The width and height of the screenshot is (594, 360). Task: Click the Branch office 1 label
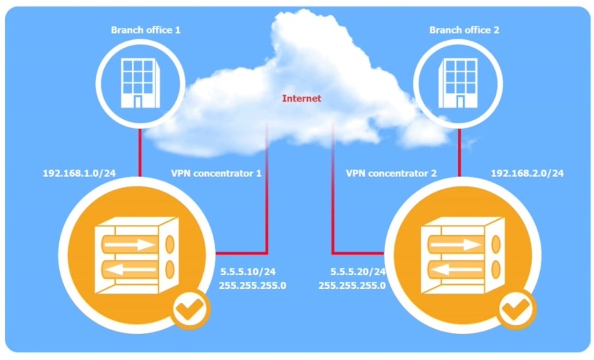[145, 30]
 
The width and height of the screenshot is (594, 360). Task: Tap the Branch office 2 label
[464, 30]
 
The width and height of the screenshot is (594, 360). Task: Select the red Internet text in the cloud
[301, 98]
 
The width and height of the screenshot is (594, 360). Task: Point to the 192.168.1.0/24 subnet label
[79, 174]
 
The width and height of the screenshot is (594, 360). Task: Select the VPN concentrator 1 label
[216, 174]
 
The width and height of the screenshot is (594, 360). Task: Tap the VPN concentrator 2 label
[391, 174]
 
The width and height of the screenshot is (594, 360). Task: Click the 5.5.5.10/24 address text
[248, 271]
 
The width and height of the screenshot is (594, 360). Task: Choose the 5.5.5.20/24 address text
[358, 271]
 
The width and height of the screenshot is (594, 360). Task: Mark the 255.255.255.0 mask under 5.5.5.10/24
[253, 285]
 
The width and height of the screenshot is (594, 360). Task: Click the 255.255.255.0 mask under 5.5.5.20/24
[352, 285]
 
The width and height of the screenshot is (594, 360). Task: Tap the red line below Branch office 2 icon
[459, 152]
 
